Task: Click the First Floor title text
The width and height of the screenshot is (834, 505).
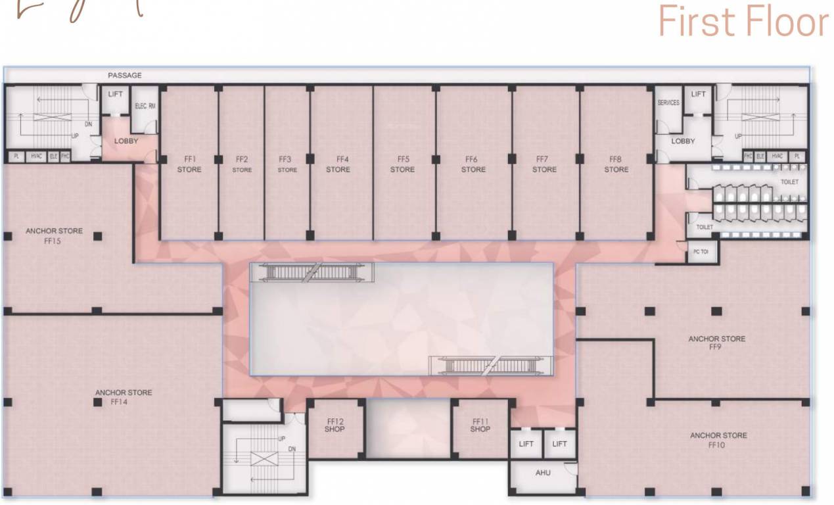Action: pyautogui.click(x=743, y=22)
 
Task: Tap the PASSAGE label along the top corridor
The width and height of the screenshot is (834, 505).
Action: pyautogui.click(x=125, y=76)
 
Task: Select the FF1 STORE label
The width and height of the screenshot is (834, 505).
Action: pyautogui.click(x=189, y=164)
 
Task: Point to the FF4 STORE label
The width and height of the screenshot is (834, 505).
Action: pyautogui.click(x=338, y=164)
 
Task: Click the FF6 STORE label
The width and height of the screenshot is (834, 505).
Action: pyautogui.click(x=473, y=164)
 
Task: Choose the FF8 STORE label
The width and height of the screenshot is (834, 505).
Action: pyautogui.click(x=616, y=164)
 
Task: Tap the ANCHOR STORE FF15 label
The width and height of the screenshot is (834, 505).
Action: pyautogui.click(x=55, y=236)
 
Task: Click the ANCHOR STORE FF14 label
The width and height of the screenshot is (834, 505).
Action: pyautogui.click(x=124, y=397)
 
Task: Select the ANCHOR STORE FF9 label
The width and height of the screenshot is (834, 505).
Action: pyautogui.click(x=716, y=343)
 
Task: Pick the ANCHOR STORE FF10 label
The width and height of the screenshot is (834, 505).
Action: pyautogui.click(x=718, y=440)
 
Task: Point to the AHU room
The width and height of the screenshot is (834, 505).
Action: pyautogui.click(x=543, y=473)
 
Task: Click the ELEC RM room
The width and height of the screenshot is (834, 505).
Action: pyautogui.click(x=145, y=107)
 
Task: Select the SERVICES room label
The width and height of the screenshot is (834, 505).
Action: pyautogui.click(x=668, y=103)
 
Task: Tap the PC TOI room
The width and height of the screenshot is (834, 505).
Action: pyautogui.click(x=701, y=252)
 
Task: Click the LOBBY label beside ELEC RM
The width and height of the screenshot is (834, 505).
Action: pyautogui.click(x=126, y=141)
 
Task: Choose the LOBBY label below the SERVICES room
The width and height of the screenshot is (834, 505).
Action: pyautogui.click(x=683, y=141)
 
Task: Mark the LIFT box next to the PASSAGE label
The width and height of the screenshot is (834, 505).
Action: pyautogui.click(x=116, y=95)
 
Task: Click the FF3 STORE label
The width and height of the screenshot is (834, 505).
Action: pyautogui.click(x=287, y=164)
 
